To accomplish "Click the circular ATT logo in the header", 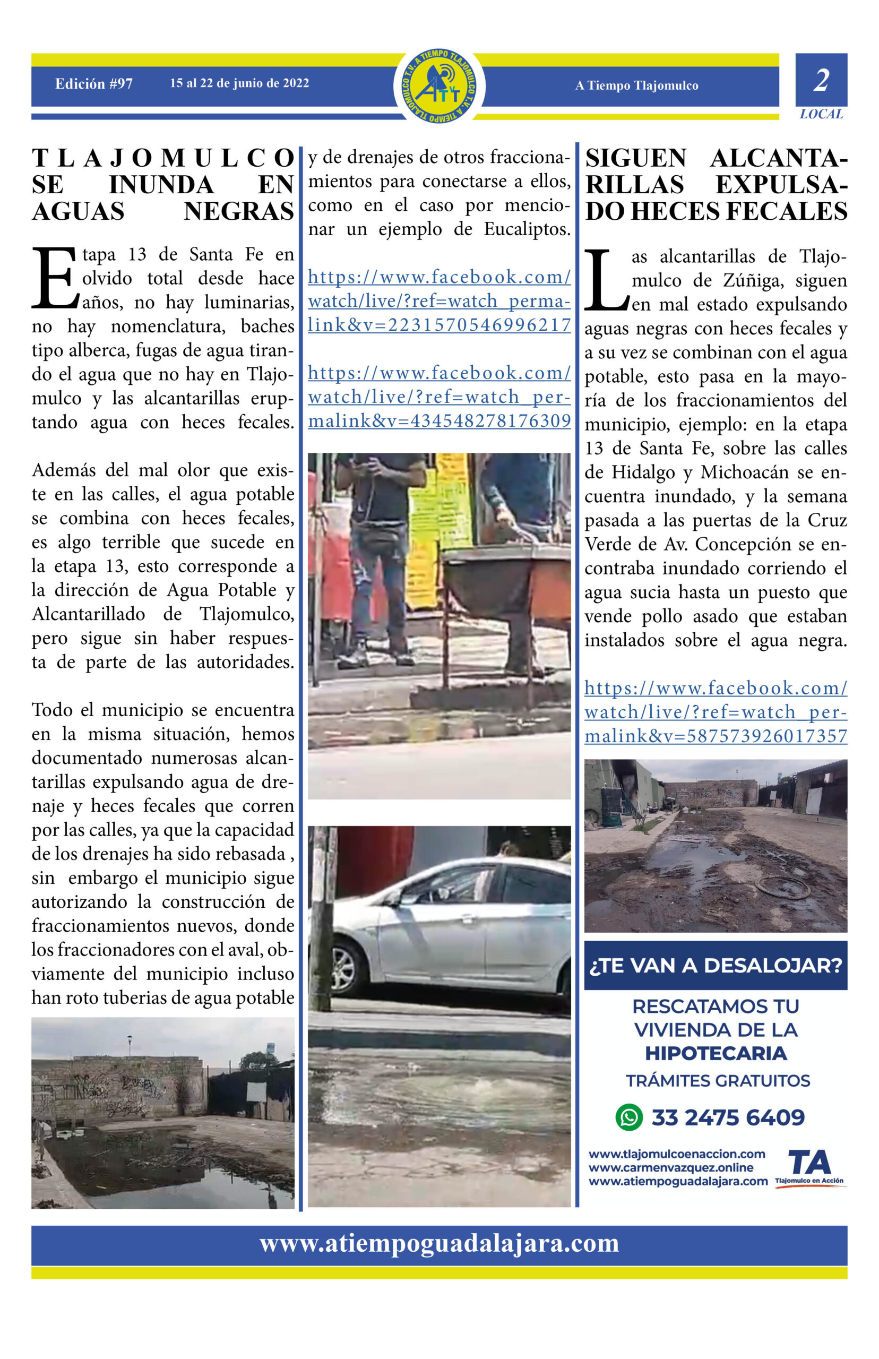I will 439,85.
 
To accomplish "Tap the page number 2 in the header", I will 821,81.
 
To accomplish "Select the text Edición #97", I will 93,84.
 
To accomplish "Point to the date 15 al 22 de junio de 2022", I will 239,83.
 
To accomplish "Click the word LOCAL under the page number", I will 821,114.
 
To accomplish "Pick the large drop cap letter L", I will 606,280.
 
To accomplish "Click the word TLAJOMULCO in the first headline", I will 162,158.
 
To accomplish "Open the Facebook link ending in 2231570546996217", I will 439,301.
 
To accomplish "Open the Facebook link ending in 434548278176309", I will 439,397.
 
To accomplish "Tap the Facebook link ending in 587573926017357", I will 715,712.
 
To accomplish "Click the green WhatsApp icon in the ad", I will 629,1117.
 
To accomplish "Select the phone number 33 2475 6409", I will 728,1117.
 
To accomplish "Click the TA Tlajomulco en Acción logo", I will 809,1167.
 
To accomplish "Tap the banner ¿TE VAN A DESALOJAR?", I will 715,965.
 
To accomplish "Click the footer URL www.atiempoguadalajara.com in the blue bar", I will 439,1243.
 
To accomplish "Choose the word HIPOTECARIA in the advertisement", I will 715,1053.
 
